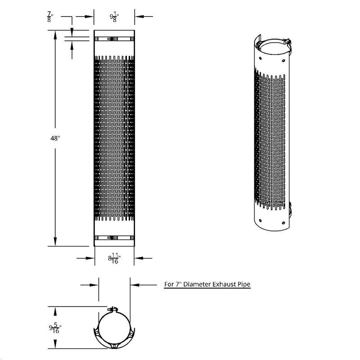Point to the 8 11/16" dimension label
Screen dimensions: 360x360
[113, 259]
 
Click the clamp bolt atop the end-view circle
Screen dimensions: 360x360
[113, 310]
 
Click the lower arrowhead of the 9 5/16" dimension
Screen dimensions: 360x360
[55, 347]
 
